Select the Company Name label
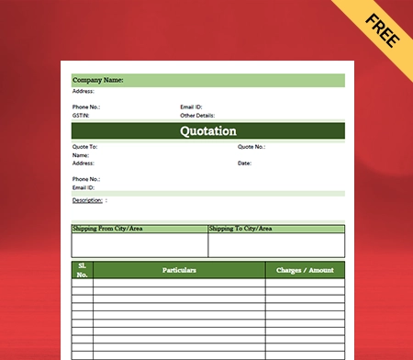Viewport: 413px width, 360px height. (x=98, y=81)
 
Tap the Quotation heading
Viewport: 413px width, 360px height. (x=208, y=130)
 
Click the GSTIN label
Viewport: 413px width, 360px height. (x=81, y=115)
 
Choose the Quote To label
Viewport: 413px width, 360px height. (x=84, y=147)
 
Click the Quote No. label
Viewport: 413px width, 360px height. (x=251, y=147)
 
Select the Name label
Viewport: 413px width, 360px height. (x=81, y=155)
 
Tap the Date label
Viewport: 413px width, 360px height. (x=244, y=163)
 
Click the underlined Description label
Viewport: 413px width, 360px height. (x=87, y=199)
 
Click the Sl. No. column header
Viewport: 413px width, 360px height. (x=83, y=270)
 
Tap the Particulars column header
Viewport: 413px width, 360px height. (x=179, y=270)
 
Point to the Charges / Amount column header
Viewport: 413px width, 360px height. (x=305, y=270)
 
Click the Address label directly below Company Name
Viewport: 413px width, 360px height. (x=83, y=92)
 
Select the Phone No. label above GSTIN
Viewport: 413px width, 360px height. (x=86, y=107)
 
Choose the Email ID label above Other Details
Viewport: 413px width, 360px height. (x=192, y=107)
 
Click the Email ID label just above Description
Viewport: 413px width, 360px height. (x=84, y=186)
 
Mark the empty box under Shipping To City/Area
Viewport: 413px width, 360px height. (x=276, y=244)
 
